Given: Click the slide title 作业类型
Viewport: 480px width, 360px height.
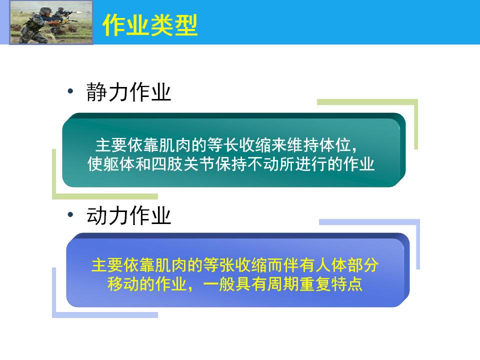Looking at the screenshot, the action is pyautogui.click(x=150, y=25).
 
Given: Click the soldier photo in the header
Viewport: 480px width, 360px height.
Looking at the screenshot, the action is pyautogui.click(x=51, y=22).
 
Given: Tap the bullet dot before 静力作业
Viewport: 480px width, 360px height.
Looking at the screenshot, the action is pyautogui.click(x=70, y=91).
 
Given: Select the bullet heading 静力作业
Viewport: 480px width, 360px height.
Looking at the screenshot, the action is pyautogui.click(x=128, y=92).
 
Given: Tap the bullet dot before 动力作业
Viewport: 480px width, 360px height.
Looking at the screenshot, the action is pyautogui.click(x=70, y=215).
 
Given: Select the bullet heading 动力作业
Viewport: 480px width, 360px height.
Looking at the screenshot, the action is pyautogui.click(x=128, y=215).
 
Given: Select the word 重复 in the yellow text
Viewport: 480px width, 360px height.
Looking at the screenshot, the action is pyautogui.click(x=315, y=284).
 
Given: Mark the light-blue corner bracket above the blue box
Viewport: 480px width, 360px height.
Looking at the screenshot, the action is pyautogui.click(x=418, y=242).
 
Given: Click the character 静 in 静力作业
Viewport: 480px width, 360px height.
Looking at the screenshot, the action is pyautogui.click(x=96, y=92).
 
